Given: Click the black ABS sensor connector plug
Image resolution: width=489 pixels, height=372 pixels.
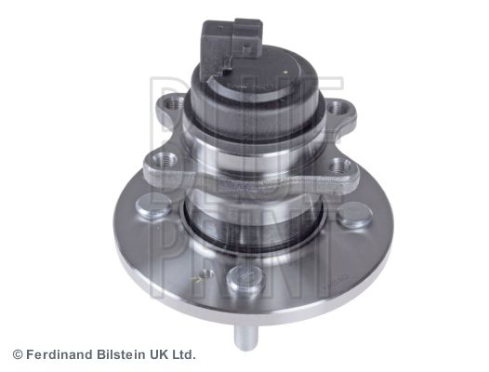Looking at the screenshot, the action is (x=231, y=46).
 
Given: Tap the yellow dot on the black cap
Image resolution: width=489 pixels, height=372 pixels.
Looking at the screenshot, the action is (x=286, y=72).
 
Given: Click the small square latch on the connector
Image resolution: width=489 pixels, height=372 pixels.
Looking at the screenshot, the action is (x=247, y=49).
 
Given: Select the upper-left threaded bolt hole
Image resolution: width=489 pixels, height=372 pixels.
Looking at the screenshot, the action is (x=174, y=103).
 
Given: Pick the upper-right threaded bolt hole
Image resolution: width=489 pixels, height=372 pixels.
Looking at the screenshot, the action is (x=337, y=108).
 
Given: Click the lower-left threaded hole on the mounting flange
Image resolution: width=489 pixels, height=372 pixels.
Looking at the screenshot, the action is (x=163, y=160).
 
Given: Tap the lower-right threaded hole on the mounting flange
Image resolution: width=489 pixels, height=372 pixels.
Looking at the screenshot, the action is (x=339, y=166).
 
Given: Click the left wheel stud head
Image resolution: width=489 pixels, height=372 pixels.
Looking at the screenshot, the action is (x=154, y=206).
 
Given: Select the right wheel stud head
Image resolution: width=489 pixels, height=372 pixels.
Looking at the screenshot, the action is (x=355, y=215).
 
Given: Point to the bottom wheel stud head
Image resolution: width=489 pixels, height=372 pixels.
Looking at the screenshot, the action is (x=245, y=279).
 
